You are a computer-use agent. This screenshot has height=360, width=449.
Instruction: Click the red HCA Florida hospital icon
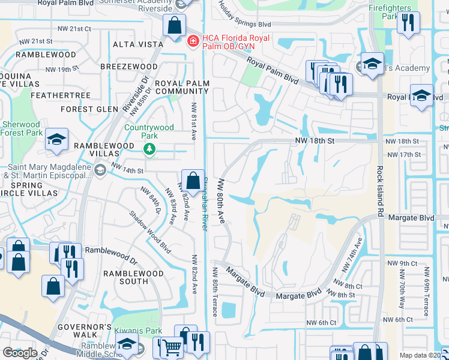(193, 41)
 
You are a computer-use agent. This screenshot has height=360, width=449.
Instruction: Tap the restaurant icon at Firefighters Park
(409, 22)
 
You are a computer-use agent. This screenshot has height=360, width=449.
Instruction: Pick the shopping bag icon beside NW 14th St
(193, 179)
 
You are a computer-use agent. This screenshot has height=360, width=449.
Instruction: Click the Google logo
(20, 353)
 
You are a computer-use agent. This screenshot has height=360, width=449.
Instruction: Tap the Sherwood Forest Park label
(22, 128)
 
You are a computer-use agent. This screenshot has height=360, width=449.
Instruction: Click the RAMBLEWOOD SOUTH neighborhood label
(133, 277)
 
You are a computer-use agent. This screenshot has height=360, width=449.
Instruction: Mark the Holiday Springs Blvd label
(244, 18)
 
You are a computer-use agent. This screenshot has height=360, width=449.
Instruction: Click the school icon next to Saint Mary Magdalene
(100, 170)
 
